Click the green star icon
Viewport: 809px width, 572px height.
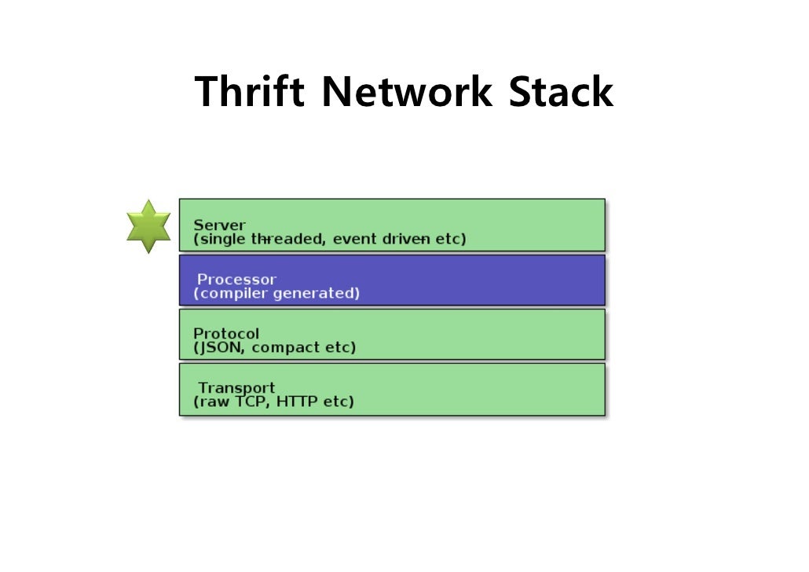click(x=148, y=226)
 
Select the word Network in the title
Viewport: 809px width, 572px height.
click(x=407, y=93)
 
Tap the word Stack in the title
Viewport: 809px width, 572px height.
click(x=560, y=93)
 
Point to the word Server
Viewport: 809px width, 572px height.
click(x=219, y=225)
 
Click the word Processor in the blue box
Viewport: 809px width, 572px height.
click(x=236, y=279)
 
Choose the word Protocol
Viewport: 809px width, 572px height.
click(x=226, y=333)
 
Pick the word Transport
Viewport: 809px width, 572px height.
click(x=236, y=387)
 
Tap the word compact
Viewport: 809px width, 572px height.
click(x=290, y=347)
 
